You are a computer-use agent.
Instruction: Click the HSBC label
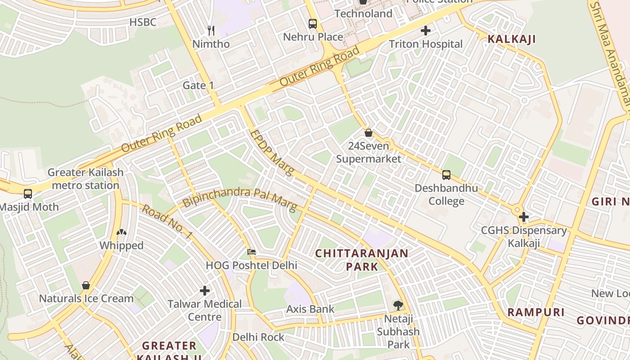pyautogui.click(x=143, y=22)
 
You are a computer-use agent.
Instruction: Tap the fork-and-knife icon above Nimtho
pyautogui.click(x=211, y=31)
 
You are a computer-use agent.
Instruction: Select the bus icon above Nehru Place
pyautogui.click(x=312, y=24)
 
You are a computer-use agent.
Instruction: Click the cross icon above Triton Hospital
pyautogui.click(x=425, y=31)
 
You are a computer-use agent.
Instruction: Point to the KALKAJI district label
pyautogui.click(x=512, y=39)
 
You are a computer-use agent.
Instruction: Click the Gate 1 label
pyautogui.click(x=198, y=85)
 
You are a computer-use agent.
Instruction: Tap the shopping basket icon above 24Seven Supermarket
pyautogui.click(x=368, y=133)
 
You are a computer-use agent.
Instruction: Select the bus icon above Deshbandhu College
pyautogui.click(x=446, y=175)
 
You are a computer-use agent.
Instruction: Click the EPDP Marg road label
pyautogui.click(x=272, y=153)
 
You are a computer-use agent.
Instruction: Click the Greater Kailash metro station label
pyautogui.click(x=85, y=179)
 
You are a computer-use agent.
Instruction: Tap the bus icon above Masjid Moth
pyautogui.click(x=28, y=194)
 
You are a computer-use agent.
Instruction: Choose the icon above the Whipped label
pyautogui.click(x=121, y=233)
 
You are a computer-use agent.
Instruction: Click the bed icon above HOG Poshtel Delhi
pyautogui.click(x=252, y=252)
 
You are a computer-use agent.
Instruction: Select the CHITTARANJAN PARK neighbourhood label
pyautogui.click(x=362, y=260)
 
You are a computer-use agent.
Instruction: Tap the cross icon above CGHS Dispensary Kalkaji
pyautogui.click(x=523, y=217)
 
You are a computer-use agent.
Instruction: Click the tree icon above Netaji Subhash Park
pyautogui.click(x=398, y=306)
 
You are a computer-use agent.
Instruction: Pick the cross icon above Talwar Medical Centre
pyautogui.click(x=205, y=291)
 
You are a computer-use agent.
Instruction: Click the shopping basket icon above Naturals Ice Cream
pyautogui.click(x=86, y=285)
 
